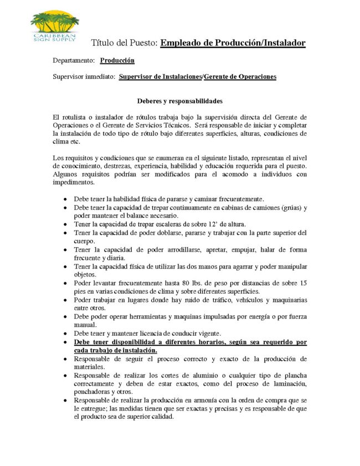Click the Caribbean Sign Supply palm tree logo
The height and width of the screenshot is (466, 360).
(54, 27)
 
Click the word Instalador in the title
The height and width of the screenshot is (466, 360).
(282, 43)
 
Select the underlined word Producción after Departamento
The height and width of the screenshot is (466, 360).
(117, 60)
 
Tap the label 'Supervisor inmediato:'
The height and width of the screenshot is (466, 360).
(84, 77)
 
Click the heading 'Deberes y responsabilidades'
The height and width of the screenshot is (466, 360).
(179, 101)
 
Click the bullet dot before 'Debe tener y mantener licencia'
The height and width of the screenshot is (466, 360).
(66, 334)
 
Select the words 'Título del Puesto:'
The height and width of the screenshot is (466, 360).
(124, 43)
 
